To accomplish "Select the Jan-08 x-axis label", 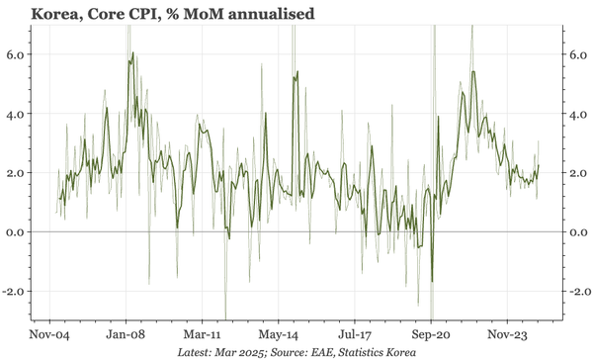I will [127, 334].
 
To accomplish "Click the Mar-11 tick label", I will [203, 334].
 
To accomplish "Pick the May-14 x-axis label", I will [279, 334].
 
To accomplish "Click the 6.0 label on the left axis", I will [17, 54].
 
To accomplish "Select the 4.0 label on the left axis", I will [17, 114].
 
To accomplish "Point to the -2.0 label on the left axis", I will [15, 292].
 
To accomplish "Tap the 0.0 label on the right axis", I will [576, 232].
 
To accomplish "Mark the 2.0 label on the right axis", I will [576, 173].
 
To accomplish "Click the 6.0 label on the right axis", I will [576, 54].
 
